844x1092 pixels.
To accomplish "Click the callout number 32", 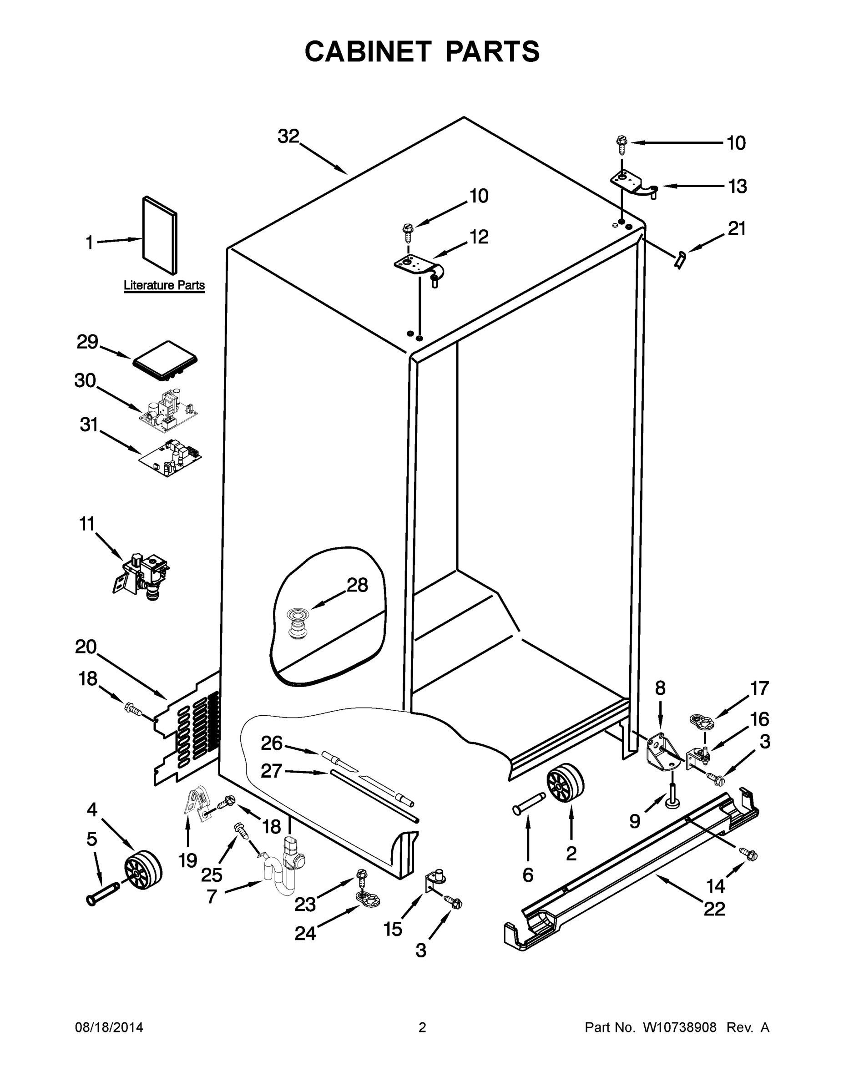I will click(288, 136).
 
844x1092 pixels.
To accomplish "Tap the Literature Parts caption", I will click(164, 285).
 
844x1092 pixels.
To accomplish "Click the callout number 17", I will click(759, 688).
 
